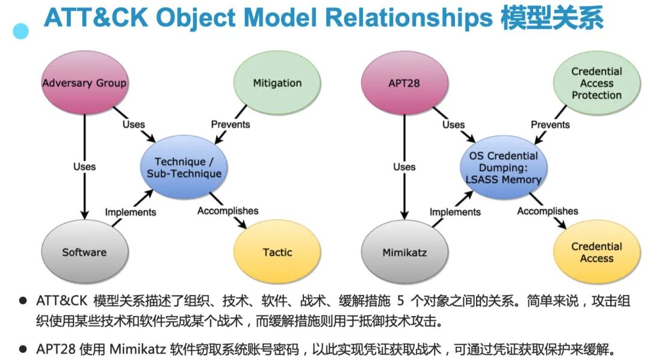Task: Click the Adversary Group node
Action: pos(84,83)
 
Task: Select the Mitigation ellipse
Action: pos(277,83)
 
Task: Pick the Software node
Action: pos(84,252)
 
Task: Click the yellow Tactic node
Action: pos(277,252)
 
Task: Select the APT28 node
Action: pos(404,83)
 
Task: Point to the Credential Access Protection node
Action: pos(596,83)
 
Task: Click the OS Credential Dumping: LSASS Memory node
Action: pos(503,167)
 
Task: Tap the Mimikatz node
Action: pos(404,252)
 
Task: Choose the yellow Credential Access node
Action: pos(596,252)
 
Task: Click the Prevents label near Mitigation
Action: pos(231,125)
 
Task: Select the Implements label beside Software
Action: pos(131,212)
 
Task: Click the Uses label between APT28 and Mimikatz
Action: pos(404,167)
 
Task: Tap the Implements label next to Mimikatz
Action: pos(455,212)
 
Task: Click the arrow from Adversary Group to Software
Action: pos(84,193)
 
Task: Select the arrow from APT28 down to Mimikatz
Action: pos(404,193)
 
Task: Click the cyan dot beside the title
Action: pos(22,31)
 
